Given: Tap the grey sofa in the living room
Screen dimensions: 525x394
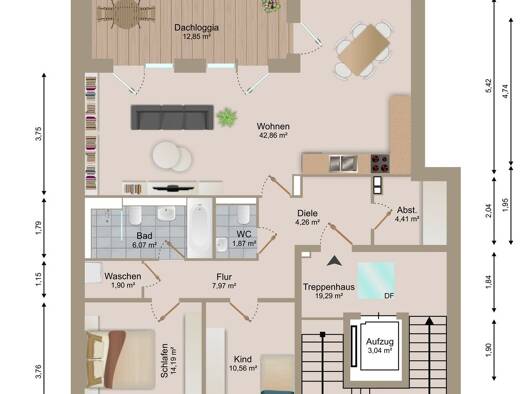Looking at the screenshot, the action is [172, 117].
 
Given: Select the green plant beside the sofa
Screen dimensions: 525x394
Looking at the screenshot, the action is [227, 117].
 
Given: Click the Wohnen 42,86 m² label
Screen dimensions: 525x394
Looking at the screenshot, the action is [273, 130].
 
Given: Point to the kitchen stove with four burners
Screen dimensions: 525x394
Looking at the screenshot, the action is [380, 163].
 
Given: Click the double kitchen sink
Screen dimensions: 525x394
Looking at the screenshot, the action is [343, 163].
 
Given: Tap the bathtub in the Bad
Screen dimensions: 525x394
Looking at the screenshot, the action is [200, 228].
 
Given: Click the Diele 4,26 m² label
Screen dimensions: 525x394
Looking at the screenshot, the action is [307, 217].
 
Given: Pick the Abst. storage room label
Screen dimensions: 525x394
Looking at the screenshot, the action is [407, 214].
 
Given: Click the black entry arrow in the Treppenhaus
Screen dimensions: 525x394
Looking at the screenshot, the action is [334, 261].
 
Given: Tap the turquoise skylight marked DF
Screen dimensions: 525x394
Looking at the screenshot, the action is [376, 281].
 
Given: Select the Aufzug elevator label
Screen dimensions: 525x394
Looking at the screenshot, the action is [379, 346].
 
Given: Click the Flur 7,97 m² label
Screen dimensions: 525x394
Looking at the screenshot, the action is [224, 281].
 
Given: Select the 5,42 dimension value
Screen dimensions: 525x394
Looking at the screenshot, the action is [489, 86].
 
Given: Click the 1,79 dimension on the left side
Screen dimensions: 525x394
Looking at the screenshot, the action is [39, 228].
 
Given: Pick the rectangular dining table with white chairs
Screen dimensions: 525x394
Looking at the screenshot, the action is [363, 50].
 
